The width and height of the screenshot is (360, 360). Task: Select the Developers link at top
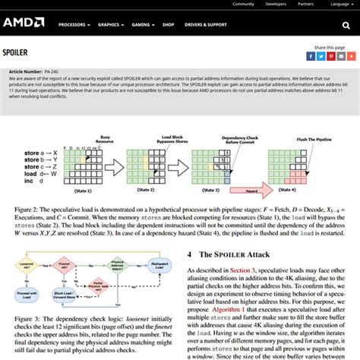[x=276, y=4]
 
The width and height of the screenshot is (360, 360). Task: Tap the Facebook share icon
[x=311, y=56]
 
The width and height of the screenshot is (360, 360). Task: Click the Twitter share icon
[x=321, y=56]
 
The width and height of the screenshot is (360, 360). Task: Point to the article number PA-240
[x=53, y=71]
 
